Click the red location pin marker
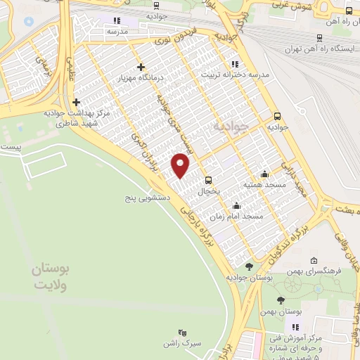click(181, 165)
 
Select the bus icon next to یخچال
click(208, 179)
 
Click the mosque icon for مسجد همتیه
click(264, 174)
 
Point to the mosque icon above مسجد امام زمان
click(236, 206)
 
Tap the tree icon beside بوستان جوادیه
click(249, 266)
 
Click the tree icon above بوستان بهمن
click(281, 300)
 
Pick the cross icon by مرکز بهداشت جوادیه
click(76, 102)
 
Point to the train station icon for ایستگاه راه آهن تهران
click(320, 38)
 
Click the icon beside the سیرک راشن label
click(184, 333)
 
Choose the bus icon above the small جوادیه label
click(277, 116)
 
